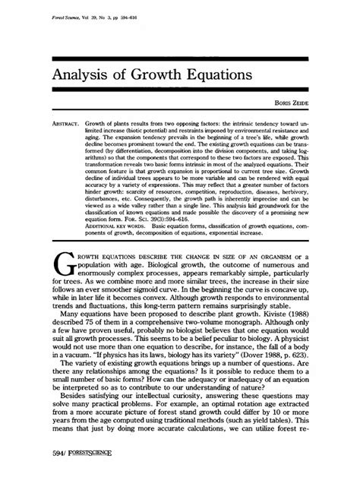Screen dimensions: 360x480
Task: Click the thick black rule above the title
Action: (x=180, y=58)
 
